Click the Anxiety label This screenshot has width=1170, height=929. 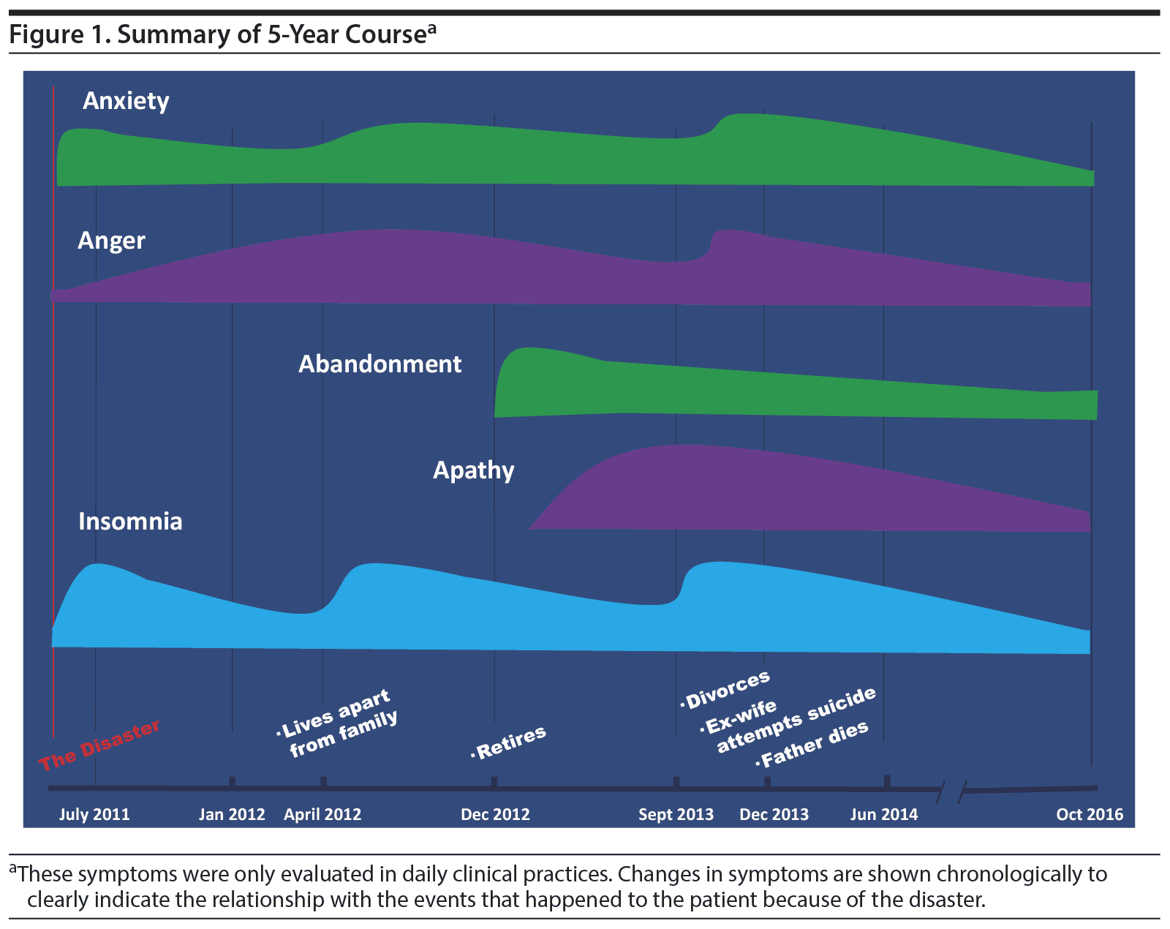point(126,101)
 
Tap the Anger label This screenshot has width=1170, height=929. point(111,241)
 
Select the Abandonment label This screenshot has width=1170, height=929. point(380,364)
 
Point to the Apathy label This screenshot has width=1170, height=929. point(473,470)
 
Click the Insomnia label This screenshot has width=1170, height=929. point(130,522)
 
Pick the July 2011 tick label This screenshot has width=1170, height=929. point(94,815)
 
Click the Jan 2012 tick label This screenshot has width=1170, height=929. point(232,815)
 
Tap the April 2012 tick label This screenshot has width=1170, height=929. point(322,815)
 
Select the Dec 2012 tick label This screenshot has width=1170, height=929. point(495,815)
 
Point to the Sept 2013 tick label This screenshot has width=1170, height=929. point(676,815)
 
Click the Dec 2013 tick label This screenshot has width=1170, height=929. point(774,815)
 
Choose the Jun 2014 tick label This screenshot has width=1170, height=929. point(883,815)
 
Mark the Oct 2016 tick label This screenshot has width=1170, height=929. point(1090,815)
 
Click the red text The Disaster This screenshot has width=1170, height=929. point(99,745)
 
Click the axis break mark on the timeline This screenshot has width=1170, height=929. point(953,789)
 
